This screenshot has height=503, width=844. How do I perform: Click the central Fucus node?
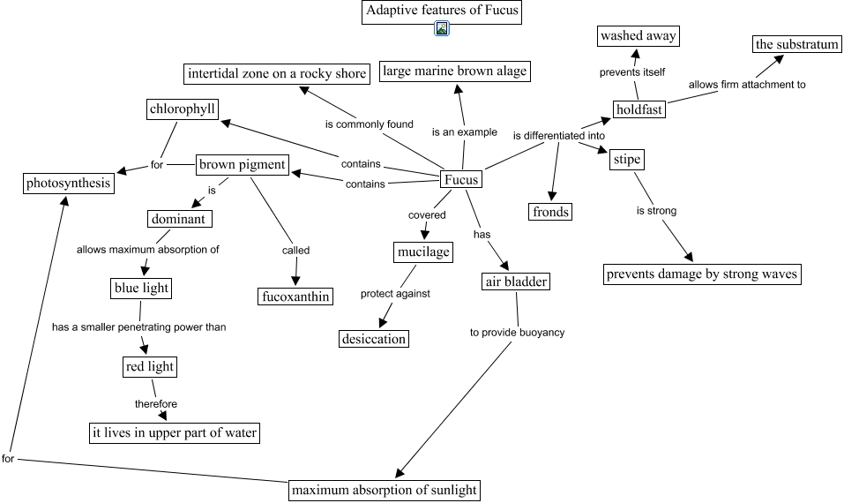pos(460,180)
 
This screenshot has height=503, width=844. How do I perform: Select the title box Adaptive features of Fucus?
pos(442,11)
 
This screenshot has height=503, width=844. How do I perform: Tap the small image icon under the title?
pos(443,30)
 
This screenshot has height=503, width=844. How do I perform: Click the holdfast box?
pos(639,109)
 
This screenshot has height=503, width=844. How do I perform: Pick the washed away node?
pos(639,36)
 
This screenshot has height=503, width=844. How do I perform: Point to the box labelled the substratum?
pos(797,44)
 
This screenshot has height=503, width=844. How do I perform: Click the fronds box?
pos(551,212)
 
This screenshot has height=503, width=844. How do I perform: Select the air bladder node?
pos(517,282)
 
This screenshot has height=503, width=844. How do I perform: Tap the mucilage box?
pos(422,252)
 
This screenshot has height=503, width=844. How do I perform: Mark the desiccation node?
pos(374,339)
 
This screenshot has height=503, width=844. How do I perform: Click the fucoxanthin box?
pos(295,297)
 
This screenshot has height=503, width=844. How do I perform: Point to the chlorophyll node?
pos(183,109)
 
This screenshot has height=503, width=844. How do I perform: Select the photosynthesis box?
pos(68,184)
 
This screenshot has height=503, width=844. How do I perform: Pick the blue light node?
pos(141,288)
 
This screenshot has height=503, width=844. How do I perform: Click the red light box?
pos(150,367)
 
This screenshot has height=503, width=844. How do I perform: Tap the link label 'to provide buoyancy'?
pos(517,333)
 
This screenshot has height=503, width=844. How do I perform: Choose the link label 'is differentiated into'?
pos(559,136)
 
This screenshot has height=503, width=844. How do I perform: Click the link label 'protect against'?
pos(395,294)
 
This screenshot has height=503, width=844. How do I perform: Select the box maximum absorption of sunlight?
pos(385,490)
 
